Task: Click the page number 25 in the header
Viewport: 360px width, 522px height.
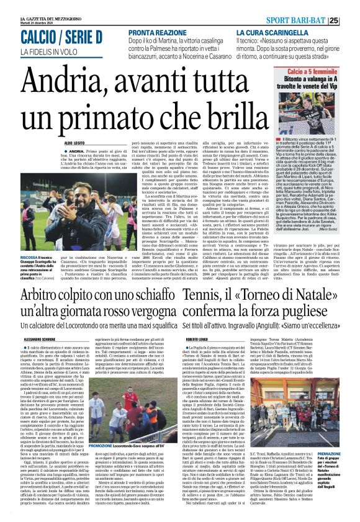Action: coord(350,20)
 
